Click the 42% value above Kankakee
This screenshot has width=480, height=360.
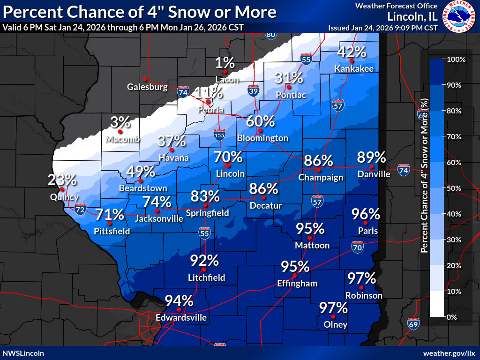click(x=352, y=52)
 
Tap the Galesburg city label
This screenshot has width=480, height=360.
click(x=147, y=87)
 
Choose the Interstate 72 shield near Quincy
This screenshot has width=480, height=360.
click(x=80, y=209)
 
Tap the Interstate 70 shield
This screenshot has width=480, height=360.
click(x=357, y=247)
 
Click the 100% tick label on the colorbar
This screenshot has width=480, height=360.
click(x=456, y=60)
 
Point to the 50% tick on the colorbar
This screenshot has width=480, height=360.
click(x=456, y=188)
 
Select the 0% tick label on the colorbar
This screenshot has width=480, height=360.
click(x=452, y=317)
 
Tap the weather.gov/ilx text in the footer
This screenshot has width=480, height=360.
click(x=449, y=353)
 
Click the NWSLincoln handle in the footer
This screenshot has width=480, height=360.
click(x=23, y=353)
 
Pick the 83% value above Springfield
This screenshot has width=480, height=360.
click(x=205, y=196)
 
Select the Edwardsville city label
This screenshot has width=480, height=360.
click(x=181, y=318)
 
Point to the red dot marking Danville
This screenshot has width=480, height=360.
click(x=371, y=166)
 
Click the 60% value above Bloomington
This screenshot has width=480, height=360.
click(x=260, y=121)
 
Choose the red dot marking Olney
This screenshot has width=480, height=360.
click(x=333, y=317)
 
